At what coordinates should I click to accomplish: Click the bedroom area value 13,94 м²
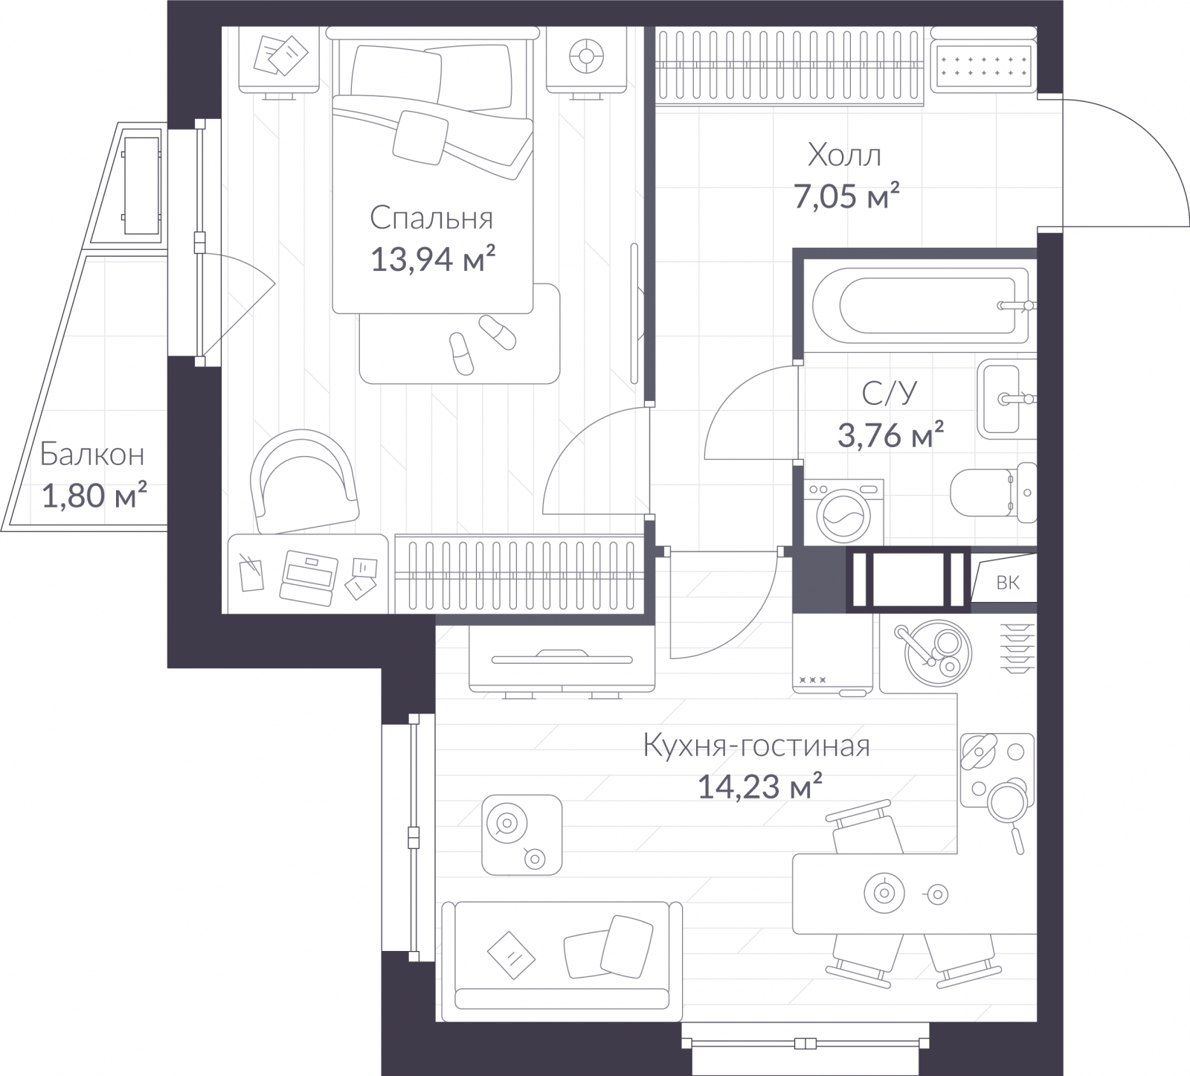point(433,260)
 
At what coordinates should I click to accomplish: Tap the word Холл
point(845,155)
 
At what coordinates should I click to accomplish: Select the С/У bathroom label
point(890,393)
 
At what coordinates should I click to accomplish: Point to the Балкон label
point(92,454)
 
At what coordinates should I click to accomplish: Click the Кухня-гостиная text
point(756,746)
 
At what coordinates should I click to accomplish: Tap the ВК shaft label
point(1008,582)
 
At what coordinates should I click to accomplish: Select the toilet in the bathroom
point(994,493)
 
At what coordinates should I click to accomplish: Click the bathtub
point(921,305)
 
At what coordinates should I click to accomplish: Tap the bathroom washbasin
point(1006,399)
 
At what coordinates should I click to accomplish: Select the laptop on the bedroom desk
point(308,575)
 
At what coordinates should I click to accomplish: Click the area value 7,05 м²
point(847,197)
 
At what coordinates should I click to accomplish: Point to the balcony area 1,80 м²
point(94,495)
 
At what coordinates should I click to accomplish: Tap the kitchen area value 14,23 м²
point(759,787)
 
